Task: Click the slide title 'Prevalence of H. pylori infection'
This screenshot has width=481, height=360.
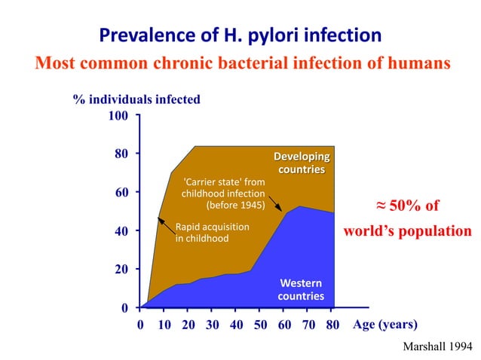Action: [240, 35]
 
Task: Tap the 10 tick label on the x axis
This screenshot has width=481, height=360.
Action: [164, 325]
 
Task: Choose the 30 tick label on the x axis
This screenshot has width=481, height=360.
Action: [212, 325]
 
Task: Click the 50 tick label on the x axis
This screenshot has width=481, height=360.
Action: [260, 325]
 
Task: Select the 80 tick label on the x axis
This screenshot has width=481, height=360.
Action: [332, 325]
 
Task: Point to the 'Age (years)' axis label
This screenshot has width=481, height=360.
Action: [384, 325]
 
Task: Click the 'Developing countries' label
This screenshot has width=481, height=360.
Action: [302, 163]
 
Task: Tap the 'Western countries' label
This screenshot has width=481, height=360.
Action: [302, 289]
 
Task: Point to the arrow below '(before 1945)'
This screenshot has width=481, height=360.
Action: [274, 204]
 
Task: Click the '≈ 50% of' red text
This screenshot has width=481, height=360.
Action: [407, 206]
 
